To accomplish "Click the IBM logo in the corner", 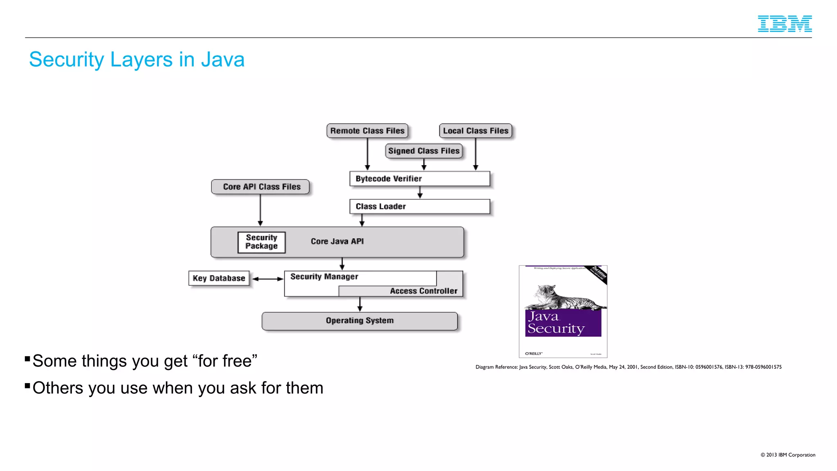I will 784,24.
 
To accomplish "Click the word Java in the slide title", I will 222,60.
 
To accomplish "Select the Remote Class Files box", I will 367,131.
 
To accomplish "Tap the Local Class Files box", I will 475,131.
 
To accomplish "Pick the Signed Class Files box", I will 423,151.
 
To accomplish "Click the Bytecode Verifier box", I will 419,179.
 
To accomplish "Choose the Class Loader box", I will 419,206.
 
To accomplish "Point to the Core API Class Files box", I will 260,187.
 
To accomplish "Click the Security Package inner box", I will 261,242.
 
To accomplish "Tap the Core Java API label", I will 337,241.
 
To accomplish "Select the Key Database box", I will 219,278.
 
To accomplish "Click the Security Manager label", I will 324,277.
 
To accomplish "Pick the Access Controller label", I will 423,291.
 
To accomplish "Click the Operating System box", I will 360,321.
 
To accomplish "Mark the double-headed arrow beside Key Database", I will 267,279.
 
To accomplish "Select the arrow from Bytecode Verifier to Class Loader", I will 420,193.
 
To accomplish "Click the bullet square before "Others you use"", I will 27,386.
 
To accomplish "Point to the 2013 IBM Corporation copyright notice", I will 788,455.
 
